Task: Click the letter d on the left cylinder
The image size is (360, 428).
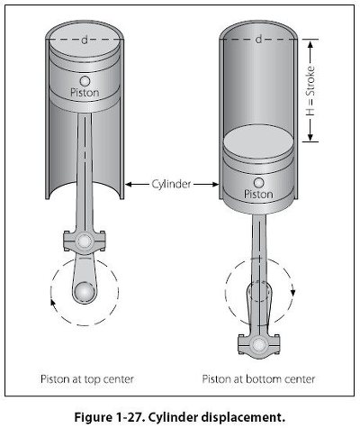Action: click(x=85, y=40)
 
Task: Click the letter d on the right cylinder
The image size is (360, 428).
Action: click(x=258, y=39)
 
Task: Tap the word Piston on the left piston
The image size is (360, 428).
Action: click(x=85, y=92)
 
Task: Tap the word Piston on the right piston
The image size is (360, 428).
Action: click(x=258, y=194)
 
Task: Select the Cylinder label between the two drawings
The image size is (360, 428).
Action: click(x=171, y=184)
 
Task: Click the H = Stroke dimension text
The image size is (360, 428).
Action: click(x=310, y=91)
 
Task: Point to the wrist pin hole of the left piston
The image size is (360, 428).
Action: click(x=85, y=81)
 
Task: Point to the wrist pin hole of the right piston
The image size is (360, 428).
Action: click(x=258, y=183)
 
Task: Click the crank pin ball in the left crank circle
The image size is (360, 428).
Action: click(x=85, y=292)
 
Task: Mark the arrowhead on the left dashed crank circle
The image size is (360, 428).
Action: click(x=52, y=302)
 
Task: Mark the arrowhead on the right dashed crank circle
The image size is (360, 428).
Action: click(x=293, y=292)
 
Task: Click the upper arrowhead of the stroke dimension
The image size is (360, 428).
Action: click(x=310, y=44)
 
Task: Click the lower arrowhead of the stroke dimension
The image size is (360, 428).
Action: click(x=310, y=138)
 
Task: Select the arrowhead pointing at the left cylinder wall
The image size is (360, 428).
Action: click(x=129, y=184)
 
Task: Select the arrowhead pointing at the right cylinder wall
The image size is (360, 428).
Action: click(x=214, y=184)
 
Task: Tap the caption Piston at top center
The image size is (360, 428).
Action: click(x=87, y=379)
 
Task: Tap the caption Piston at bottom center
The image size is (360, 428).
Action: click(x=258, y=379)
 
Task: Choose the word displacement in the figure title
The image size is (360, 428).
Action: click(x=242, y=418)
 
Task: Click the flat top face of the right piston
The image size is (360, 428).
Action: click(x=258, y=141)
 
